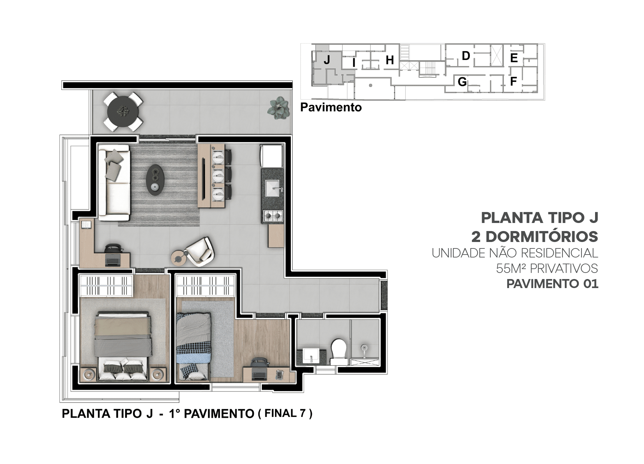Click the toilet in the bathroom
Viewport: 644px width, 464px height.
(339, 352)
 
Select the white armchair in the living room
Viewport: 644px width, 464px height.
(200, 251)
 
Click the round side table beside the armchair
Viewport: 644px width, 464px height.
(178, 257)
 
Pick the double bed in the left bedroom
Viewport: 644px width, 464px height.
(123, 346)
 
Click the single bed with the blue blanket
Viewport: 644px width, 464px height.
(193, 347)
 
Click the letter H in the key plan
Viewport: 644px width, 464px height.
(390, 60)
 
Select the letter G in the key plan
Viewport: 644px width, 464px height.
(462, 82)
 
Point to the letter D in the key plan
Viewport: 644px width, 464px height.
(466, 56)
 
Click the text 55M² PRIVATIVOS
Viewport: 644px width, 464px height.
(547, 268)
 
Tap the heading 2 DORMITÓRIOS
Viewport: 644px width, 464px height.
(535, 237)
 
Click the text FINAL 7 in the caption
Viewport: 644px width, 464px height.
(285, 413)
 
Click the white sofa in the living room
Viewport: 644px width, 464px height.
(114, 183)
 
